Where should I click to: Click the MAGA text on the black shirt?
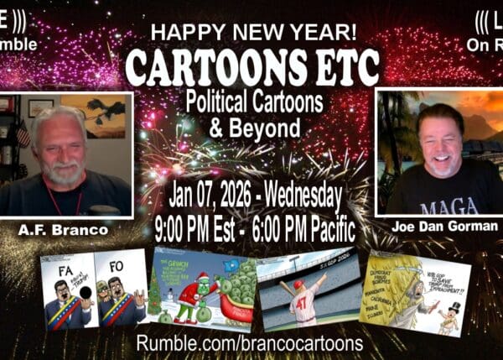point(445,206)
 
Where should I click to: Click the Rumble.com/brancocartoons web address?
point(252,344)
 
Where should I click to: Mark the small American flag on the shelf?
point(21,134)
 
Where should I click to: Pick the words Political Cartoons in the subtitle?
point(254,106)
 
